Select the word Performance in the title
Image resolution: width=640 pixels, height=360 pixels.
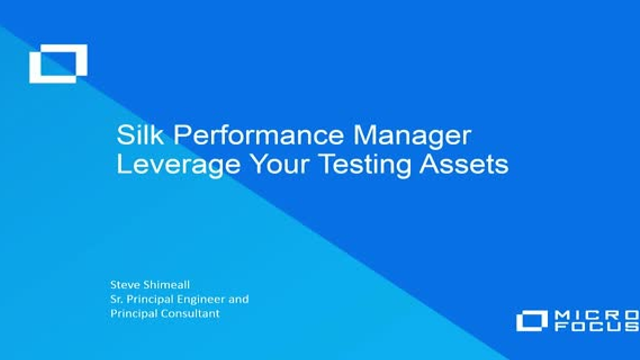click(242, 136)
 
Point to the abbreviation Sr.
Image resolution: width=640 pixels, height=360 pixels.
click(115, 299)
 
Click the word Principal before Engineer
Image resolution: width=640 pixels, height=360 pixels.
click(150, 299)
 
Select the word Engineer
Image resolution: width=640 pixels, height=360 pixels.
click(204, 299)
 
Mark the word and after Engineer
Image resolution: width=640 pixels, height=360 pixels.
click(239, 299)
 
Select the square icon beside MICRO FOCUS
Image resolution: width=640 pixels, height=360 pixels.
click(532, 321)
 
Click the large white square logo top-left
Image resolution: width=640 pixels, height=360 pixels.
click(58, 64)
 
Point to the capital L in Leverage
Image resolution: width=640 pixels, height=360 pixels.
click(123, 164)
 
